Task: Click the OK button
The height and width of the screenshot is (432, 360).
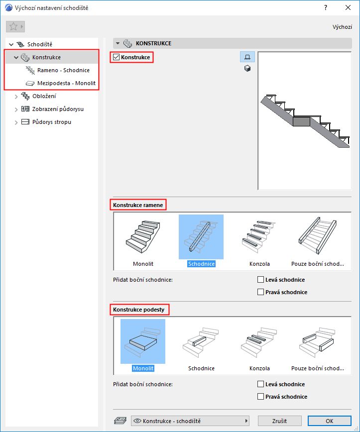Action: point(330,421)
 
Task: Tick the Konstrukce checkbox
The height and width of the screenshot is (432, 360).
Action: point(117,57)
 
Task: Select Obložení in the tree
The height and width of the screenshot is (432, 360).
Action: point(44,96)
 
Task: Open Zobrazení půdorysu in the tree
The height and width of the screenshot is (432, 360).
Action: point(58,109)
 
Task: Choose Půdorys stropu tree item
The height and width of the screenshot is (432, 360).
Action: point(52,122)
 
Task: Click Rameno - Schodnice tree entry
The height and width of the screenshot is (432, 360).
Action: point(63,70)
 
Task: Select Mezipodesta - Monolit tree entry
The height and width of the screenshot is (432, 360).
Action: point(66,83)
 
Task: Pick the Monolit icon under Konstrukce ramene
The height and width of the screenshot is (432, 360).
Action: point(143,237)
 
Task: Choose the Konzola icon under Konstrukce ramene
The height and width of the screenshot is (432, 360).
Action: point(259,237)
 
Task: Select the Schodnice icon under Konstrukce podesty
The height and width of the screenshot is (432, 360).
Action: point(201,341)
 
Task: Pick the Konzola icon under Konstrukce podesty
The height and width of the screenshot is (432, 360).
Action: point(259,341)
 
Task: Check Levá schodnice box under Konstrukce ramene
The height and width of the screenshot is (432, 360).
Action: point(260,280)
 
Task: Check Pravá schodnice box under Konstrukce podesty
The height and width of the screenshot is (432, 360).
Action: point(260,397)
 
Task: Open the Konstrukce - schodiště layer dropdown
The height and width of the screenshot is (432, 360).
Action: point(190,421)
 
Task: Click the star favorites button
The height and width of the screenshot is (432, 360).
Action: point(15,27)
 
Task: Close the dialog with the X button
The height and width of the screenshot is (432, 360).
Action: point(348,8)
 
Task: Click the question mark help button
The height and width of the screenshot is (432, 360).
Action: point(326,8)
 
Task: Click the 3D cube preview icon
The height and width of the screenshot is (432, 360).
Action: point(247,68)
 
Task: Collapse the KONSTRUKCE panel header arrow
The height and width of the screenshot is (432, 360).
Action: point(118,43)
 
